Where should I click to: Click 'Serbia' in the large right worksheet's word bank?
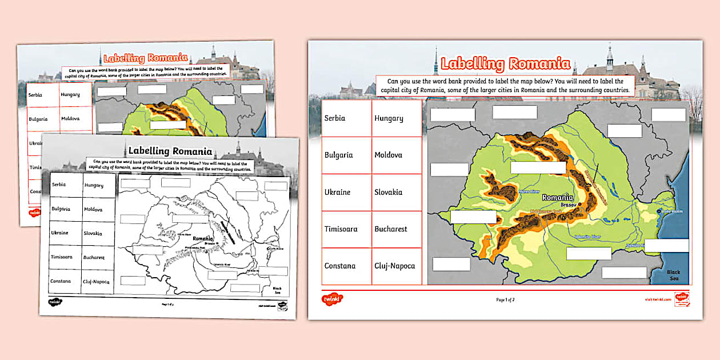335,118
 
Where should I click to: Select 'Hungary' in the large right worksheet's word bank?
389,118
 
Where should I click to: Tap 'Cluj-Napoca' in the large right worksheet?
394,266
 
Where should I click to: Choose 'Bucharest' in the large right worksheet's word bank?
391,229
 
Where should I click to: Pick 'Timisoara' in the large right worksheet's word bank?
341,229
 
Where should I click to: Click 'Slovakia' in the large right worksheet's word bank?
388,192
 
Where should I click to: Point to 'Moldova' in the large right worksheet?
388,155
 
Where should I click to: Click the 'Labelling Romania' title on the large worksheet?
505,63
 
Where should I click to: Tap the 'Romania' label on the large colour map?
557,197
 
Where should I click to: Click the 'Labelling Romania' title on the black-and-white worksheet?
170,151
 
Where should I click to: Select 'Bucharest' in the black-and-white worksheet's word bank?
94,258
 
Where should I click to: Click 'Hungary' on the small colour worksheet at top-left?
70,94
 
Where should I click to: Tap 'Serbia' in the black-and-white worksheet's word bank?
59,185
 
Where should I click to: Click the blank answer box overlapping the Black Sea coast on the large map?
666,246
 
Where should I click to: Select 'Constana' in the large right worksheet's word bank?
339,266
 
